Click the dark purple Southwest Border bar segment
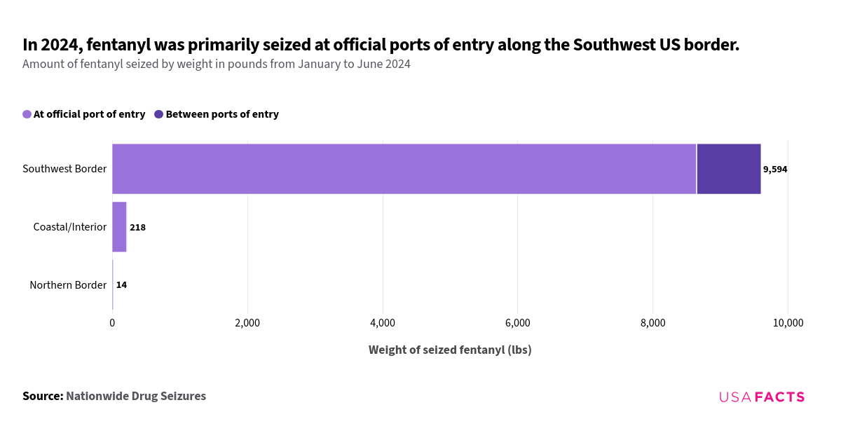(728, 169)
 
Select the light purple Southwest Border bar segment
(404, 169)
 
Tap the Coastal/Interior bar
(119, 227)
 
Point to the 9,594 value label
(775, 170)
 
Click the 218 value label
(137, 227)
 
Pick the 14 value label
(121, 285)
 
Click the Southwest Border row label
(64, 169)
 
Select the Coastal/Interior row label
(70, 227)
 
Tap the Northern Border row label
(68, 285)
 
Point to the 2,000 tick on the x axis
(247, 323)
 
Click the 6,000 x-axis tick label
(517, 323)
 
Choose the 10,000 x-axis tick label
(788, 323)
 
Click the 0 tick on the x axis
(112, 323)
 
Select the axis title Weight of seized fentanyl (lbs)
(450, 350)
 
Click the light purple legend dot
(27, 114)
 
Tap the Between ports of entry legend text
(222, 114)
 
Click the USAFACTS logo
(762, 397)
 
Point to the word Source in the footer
(42, 396)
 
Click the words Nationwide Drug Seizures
(136, 396)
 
